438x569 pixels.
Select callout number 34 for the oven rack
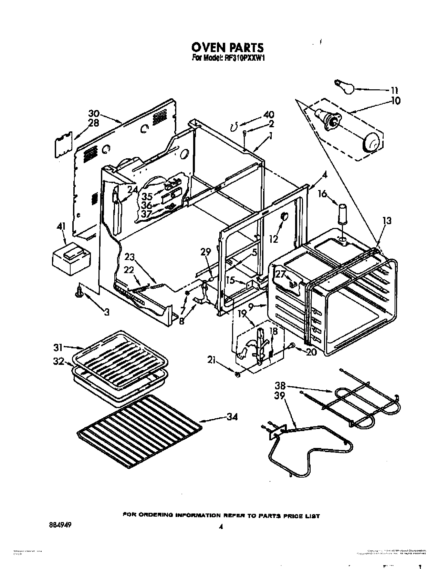point(232,417)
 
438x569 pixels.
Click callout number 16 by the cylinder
point(322,194)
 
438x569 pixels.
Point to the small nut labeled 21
point(237,374)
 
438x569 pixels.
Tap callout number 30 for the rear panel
point(94,113)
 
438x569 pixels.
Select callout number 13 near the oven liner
point(387,220)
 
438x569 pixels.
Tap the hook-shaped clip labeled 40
point(234,128)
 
